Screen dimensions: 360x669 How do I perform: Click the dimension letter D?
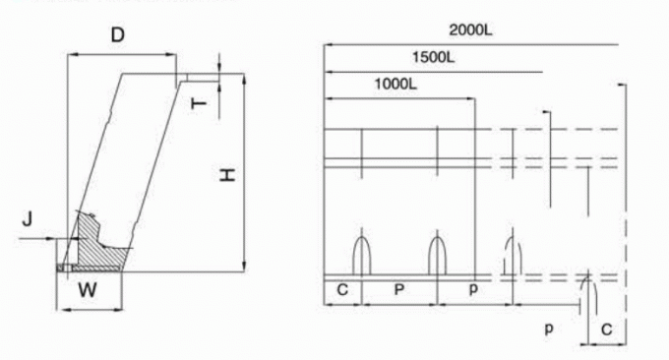point(117,36)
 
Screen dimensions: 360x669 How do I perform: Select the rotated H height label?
point(226,176)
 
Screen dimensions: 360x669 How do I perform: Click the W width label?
point(88,291)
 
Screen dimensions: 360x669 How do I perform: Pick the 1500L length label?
point(434,58)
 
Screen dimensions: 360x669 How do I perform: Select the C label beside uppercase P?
point(342,291)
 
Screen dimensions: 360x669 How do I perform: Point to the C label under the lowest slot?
point(606,330)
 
